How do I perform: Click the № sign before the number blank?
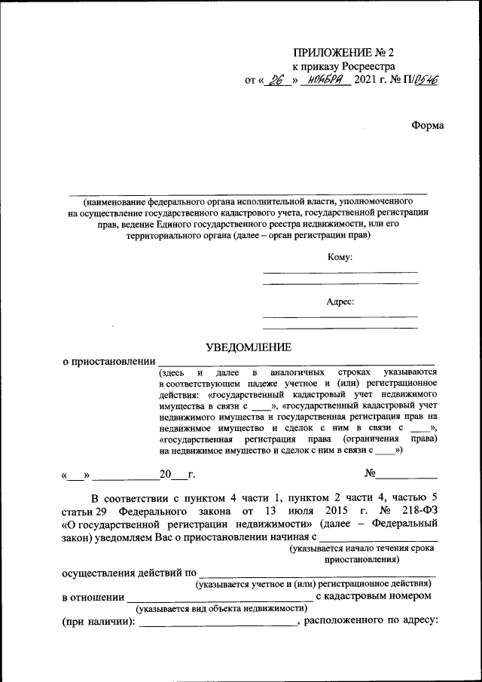(x=370, y=475)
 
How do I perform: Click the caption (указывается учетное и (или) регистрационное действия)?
(x=313, y=584)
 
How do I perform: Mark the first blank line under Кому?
(x=340, y=271)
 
